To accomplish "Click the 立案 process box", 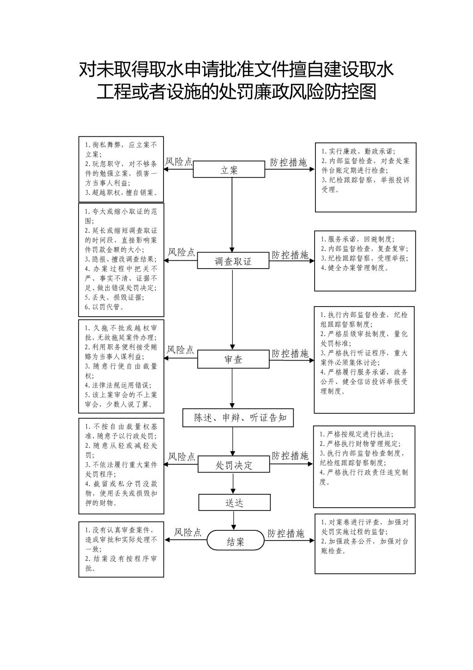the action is click(x=229, y=169).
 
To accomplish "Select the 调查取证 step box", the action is click(x=233, y=261).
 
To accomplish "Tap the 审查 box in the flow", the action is click(x=233, y=359).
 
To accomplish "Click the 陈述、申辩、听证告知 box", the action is click(x=238, y=418).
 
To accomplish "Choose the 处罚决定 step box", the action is click(x=234, y=464).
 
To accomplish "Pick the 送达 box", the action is click(x=235, y=502).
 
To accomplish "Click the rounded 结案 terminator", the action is click(x=236, y=540).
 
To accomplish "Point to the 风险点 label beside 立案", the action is click(x=179, y=162).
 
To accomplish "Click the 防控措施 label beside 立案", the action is click(x=288, y=162).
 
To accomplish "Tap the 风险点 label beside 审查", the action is click(x=180, y=350).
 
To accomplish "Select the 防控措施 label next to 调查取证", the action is click(x=290, y=255).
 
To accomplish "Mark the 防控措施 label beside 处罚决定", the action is click(x=290, y=456).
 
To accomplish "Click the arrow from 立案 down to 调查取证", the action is click(x=232, y=215).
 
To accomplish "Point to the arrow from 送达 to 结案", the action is click(x=234, y=521).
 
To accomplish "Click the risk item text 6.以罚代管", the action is click(x=104, y=307).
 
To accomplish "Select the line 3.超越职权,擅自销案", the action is click(x=121, y=193).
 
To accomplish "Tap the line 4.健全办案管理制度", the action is click(x=355, y=268).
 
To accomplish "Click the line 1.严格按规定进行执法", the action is click(x=357, y=434).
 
